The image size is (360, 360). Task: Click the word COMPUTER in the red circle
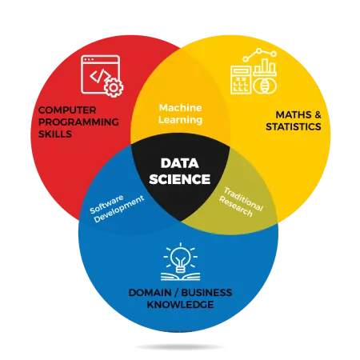pos(67,110)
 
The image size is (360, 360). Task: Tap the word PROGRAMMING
pos(78,122)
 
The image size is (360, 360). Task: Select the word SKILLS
pos(55,134)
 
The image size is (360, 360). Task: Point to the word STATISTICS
pos(294,126)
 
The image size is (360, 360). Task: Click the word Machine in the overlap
pos(181,108)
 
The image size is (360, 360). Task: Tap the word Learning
pos(181,120)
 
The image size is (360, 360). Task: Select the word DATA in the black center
pos(180,163)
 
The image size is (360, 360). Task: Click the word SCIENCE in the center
pos(180,179)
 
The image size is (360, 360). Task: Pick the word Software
pos(106,204)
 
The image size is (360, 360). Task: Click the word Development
pos(119,209)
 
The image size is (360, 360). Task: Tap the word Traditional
pos(243,199)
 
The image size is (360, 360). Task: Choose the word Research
pos(236,206)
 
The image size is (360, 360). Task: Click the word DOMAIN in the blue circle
pos(150,293)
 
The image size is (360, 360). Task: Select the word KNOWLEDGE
pos(180,305)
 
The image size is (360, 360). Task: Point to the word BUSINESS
pos(206,293)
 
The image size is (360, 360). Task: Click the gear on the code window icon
pos(114,87)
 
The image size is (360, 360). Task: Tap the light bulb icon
pos(181,259)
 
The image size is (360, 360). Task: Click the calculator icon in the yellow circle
pos(241,80)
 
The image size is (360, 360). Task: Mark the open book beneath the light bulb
pos(181,276)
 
